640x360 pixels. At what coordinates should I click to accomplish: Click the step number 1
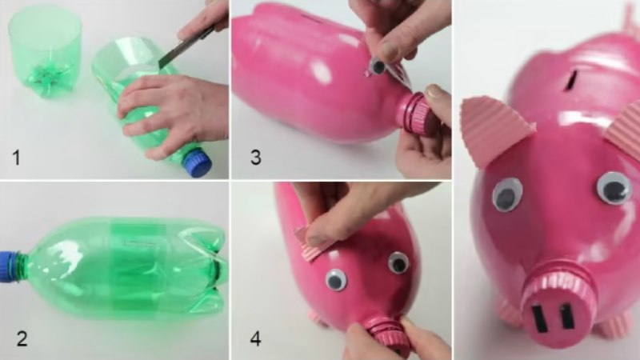[x=16, y=158]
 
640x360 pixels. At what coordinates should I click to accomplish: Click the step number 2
[x=22, y=338]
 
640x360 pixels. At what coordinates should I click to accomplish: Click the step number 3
[x=255, y=157]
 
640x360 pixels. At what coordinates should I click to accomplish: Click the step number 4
[x=255, y=338]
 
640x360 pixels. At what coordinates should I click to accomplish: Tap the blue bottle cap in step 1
[x=197, y=162]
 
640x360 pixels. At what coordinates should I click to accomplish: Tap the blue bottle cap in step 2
[x=8, y=266]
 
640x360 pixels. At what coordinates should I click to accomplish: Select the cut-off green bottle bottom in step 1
[x=45, y=52]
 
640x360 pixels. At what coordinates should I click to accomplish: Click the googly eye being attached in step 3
[x=378, y=66]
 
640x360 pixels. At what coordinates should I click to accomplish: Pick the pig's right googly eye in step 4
[x=398, y=262]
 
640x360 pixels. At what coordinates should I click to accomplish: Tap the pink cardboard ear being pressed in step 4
[x=312, y=243]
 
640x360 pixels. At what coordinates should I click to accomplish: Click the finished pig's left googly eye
[x=507, y=194]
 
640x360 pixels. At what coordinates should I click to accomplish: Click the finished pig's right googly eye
[x=614, y=188]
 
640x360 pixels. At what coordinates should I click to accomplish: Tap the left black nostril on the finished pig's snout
[x=538, y=319]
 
